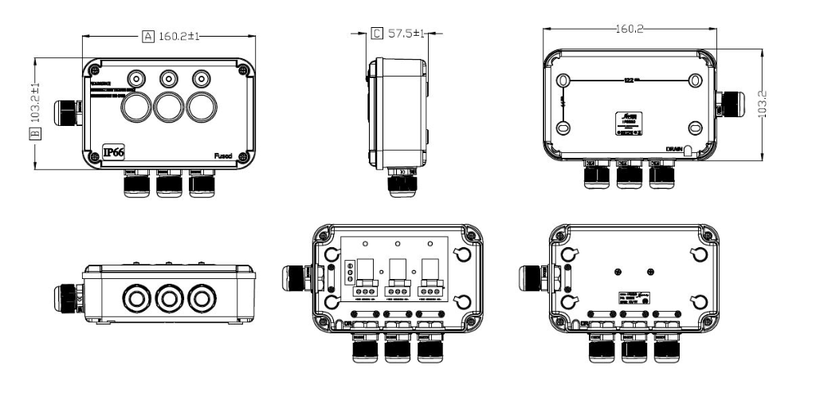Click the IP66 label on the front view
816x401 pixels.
coord(113,153)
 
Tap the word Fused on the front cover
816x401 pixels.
coord(222,156)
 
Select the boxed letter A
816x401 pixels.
coord(147,36)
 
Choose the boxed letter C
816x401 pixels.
coord(376,33)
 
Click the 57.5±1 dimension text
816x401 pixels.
coord(406,33)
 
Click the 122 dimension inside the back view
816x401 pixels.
coord(629,81)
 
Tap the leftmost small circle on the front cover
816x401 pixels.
coord(138,79)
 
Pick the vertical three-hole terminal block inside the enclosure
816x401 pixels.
coord(348,273)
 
